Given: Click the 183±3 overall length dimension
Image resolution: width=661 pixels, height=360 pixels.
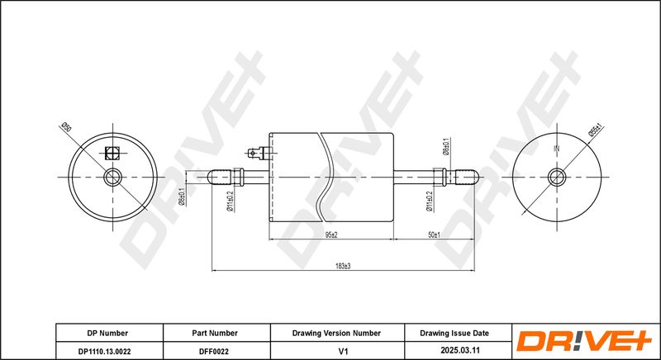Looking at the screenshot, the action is coord(344,266).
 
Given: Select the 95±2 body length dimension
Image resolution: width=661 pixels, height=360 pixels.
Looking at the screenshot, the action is coord(331,234).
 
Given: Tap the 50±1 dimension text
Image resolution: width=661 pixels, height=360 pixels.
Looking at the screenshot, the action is coord(434,234).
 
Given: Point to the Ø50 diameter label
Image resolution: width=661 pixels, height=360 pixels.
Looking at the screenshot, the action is coord(66,126).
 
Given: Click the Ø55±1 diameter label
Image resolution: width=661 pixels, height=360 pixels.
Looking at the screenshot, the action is coord(596,130).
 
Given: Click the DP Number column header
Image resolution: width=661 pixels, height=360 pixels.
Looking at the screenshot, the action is coord(107,333).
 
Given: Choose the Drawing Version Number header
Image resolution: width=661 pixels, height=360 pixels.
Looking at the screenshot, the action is coord(336,333).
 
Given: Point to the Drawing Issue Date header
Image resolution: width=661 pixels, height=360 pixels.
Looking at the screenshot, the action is coord(454,333).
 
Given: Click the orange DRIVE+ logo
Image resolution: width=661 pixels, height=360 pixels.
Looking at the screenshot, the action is coord(584,341).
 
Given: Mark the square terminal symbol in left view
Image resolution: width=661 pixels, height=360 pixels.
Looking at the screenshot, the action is coord(112,153).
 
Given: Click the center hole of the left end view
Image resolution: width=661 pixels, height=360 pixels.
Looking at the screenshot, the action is coord(112,177).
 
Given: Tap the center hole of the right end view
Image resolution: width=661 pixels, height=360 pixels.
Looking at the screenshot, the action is coord(557,177).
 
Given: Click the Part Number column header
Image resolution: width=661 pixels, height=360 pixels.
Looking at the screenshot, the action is coord(215,333).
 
